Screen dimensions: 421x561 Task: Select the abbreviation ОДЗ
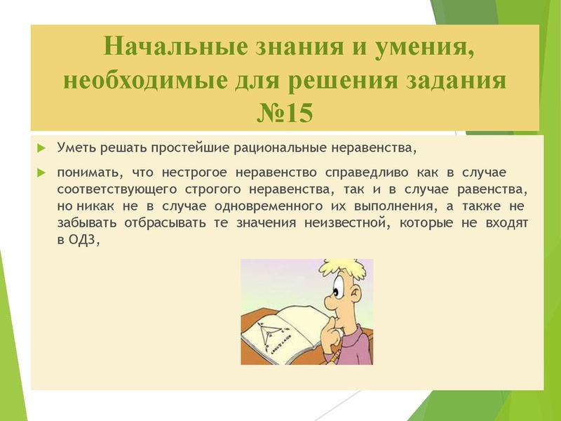85,241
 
